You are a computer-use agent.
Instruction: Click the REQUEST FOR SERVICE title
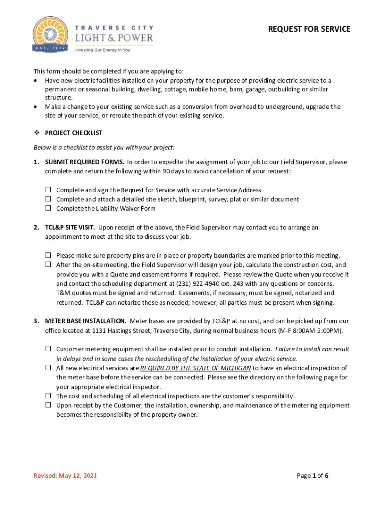[x=309, y=29]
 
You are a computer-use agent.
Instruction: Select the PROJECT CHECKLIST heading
[x=73, y=133]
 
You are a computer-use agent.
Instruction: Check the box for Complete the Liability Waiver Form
[x=49, y=208]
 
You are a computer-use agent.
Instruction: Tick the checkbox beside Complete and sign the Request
[x=49, y=190]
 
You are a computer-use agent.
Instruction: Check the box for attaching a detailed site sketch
[x=49, y=199]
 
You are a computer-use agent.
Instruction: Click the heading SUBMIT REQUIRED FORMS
[x=85, y=162]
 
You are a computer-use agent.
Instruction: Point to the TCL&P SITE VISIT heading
[x=70, y=227]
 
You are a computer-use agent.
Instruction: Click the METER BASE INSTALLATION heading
[x=85, y=321]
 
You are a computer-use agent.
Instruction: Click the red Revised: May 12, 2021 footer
[x=65, y=475]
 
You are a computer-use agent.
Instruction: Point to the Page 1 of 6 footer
[x=312, y=475]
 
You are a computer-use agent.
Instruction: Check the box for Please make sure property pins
[x=49, y=255]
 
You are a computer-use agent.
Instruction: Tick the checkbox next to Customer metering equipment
[x=49, y=349]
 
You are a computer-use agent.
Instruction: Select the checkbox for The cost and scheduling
[x=49, y=396]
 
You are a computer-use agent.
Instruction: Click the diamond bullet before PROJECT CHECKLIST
[x=36, y=133]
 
